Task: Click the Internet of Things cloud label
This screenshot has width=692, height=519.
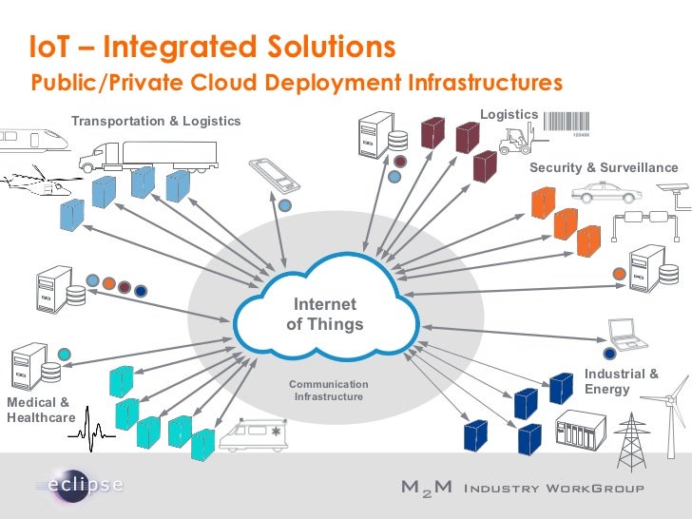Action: (x=324, y=315)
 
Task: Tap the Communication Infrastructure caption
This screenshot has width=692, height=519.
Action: (x=328, y=390)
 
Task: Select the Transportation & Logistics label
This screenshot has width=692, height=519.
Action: (x=156, y=122)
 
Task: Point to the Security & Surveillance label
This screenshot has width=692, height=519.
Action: (x=604, y=168)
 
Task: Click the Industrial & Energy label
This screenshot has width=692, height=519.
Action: (x=621, y=382)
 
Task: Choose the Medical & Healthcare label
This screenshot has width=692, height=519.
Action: (x=40, y=411)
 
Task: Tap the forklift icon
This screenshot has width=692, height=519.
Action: (x=519, y=140)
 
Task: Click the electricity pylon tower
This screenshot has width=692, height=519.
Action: (x=629, y=442)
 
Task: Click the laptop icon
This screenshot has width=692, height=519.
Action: (x=626, y=332)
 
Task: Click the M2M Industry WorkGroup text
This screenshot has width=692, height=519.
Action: (x=522, y=489)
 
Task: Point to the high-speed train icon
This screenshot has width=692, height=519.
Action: (x=32, y=140)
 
